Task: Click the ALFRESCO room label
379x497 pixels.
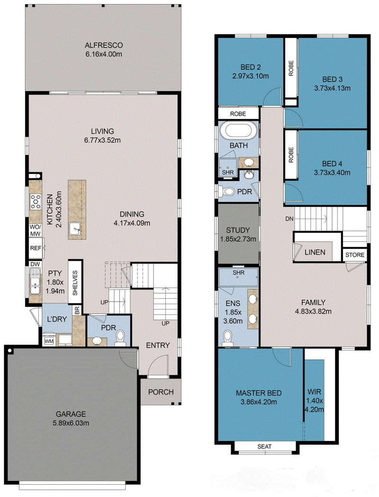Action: (104, 46)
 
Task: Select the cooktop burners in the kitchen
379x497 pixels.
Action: (36, 202)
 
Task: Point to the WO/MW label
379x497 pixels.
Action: (35, 230)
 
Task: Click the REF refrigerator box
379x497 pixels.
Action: (36, 248)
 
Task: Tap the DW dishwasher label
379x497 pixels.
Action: (35, 264)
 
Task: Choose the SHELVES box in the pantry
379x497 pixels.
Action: (75, 282)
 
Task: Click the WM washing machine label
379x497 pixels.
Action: (49, 341)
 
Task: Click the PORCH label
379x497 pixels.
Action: (161, 392)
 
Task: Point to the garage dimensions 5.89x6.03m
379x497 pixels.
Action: (71, 423)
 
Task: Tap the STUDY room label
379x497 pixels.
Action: (238, 230)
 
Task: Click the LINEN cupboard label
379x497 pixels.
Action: (315, 252)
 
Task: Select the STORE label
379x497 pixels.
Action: (355, 255)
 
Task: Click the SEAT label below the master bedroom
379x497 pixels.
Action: (264, 447)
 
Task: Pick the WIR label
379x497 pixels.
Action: (314, 392)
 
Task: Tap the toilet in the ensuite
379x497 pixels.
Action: (227, 338)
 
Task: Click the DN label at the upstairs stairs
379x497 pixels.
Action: (289, 219)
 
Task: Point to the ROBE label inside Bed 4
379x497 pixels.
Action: (291, 155)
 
